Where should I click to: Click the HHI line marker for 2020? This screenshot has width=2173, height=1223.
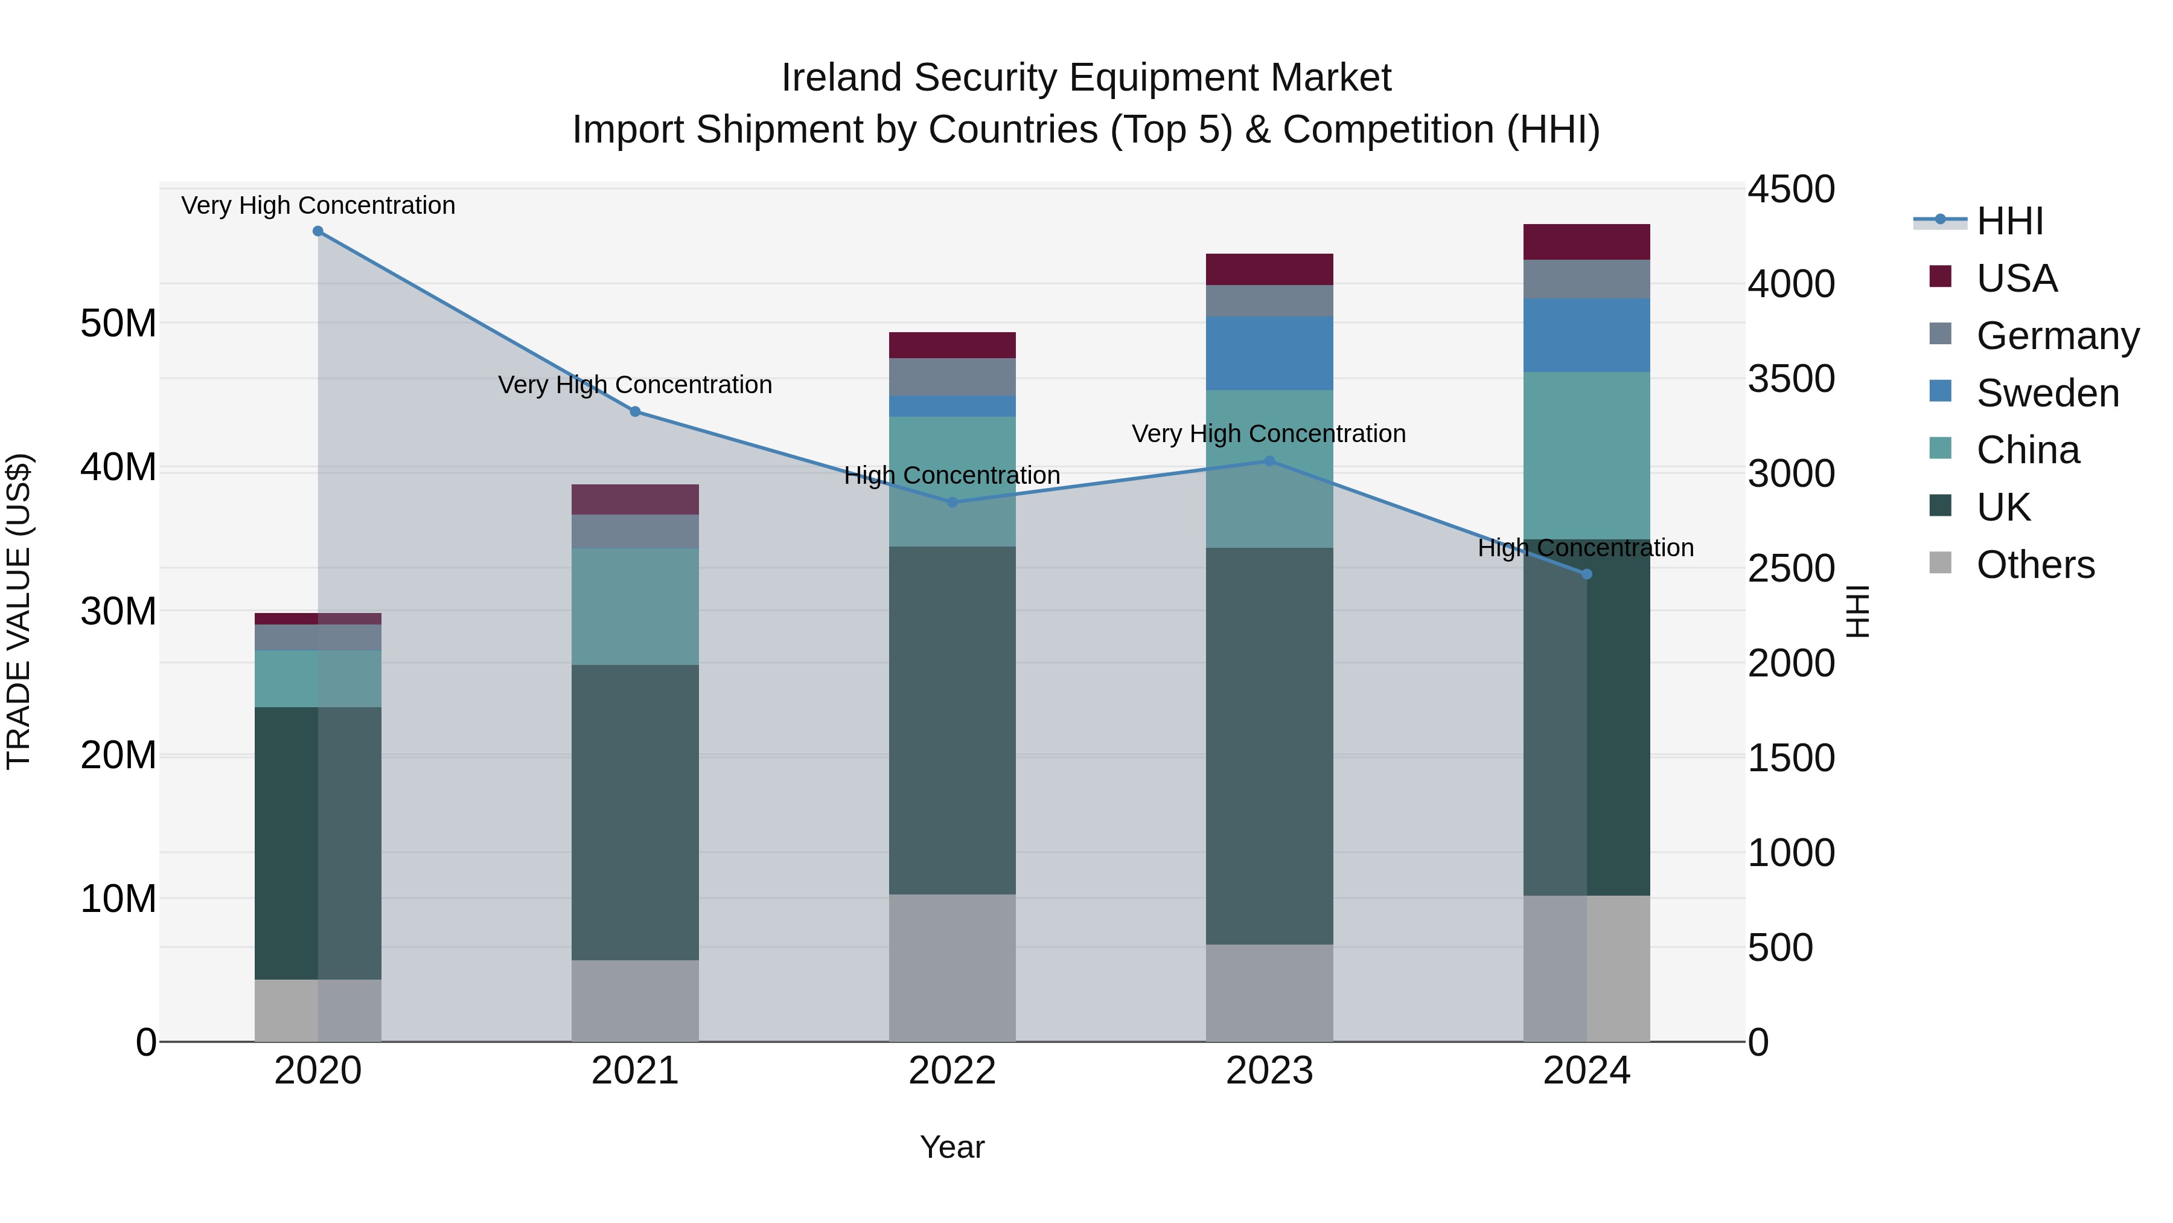(318, 231)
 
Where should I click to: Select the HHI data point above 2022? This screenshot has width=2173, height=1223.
(952, 502)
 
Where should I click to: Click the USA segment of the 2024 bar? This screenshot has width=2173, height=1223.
(1587, 242)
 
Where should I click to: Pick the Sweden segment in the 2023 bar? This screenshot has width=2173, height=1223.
(1269, 353)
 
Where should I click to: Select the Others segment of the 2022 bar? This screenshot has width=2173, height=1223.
(952, 968)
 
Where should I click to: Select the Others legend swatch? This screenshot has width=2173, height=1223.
(1940, 563)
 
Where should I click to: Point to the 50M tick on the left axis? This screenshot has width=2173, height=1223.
(118, 323)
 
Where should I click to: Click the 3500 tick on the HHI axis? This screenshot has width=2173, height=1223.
(1790, 379)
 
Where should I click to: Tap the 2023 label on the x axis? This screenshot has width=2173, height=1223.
(1269, 1071)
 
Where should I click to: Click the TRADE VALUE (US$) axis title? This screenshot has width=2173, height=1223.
(19, 611)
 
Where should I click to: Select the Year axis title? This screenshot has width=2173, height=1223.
(952, 1147)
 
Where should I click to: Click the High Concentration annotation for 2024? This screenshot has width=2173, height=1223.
(1585, 548)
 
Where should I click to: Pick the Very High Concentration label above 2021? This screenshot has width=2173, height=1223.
(635, 385)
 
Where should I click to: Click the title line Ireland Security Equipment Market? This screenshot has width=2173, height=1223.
(1086, 78)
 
